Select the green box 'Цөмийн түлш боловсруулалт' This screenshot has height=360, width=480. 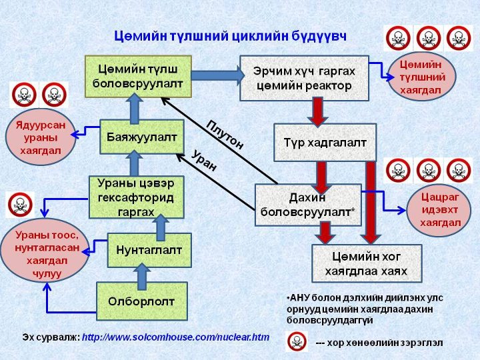coord(138,75)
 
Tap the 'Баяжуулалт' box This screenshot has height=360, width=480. coord(141,137)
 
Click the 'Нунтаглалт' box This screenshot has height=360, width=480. coord(149,249)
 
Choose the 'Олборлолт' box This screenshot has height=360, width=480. coord(141,301)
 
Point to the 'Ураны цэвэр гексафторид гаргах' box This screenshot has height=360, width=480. coord(136,196)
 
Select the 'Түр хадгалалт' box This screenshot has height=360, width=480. coord(325,141)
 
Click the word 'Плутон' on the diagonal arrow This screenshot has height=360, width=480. coord(225,134)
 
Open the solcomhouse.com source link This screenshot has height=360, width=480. coord(175,337)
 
